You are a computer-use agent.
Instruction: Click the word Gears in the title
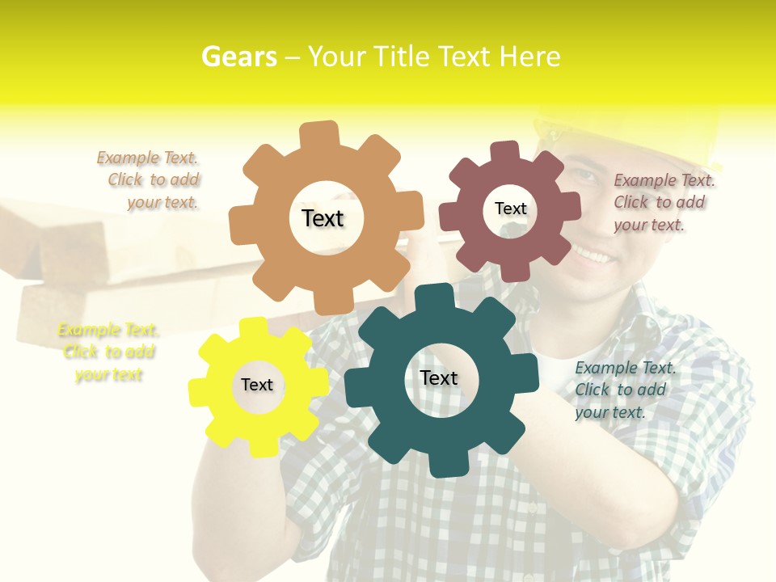coord(238,57)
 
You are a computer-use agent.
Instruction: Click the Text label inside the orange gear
coord(323,218)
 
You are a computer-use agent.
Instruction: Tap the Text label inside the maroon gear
coord(510,209)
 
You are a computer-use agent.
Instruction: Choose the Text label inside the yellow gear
coord(257,385)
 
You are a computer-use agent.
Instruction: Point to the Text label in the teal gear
coord(439,377)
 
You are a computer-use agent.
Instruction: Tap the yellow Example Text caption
coord(108,352)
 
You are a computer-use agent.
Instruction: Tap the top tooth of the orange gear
coord(320,134)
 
